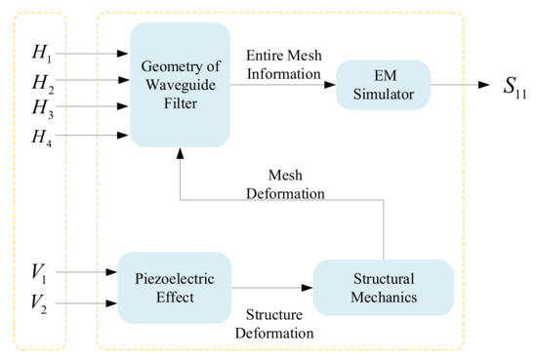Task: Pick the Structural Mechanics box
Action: pos(383,287)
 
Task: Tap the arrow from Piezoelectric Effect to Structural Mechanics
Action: pos(271,287)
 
